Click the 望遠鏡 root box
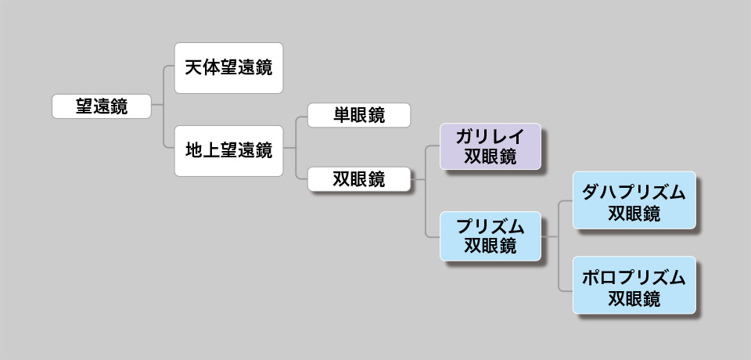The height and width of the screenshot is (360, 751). tap(101, 106)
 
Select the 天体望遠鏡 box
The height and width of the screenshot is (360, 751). tap(228, 68)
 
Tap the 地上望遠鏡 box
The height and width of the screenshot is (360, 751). tap(228, 150)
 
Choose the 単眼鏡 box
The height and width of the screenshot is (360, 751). tap(358, 115)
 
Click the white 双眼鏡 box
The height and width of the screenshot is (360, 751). tap(358, 179)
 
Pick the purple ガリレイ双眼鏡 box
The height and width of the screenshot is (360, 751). tap(490, 146)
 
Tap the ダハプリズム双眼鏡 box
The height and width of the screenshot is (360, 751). tap(634, 200)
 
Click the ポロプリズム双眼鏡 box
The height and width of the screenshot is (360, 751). tap(634, 285)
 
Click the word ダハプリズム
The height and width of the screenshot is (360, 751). tap(634, 192)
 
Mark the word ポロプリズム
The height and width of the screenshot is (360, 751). tap(634, 276)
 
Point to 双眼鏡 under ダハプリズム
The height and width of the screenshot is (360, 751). tap(634, 213)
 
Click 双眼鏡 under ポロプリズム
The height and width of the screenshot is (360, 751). tap(634, 297)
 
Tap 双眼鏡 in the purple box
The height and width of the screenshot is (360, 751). tap(490, 157)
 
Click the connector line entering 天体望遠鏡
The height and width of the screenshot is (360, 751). tap(168, 68)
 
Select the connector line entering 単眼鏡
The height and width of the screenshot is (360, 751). tap(302, 116)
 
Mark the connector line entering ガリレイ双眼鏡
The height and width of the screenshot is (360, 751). tap(433, 146)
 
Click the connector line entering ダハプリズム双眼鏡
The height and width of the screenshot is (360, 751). tap(566, 200)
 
